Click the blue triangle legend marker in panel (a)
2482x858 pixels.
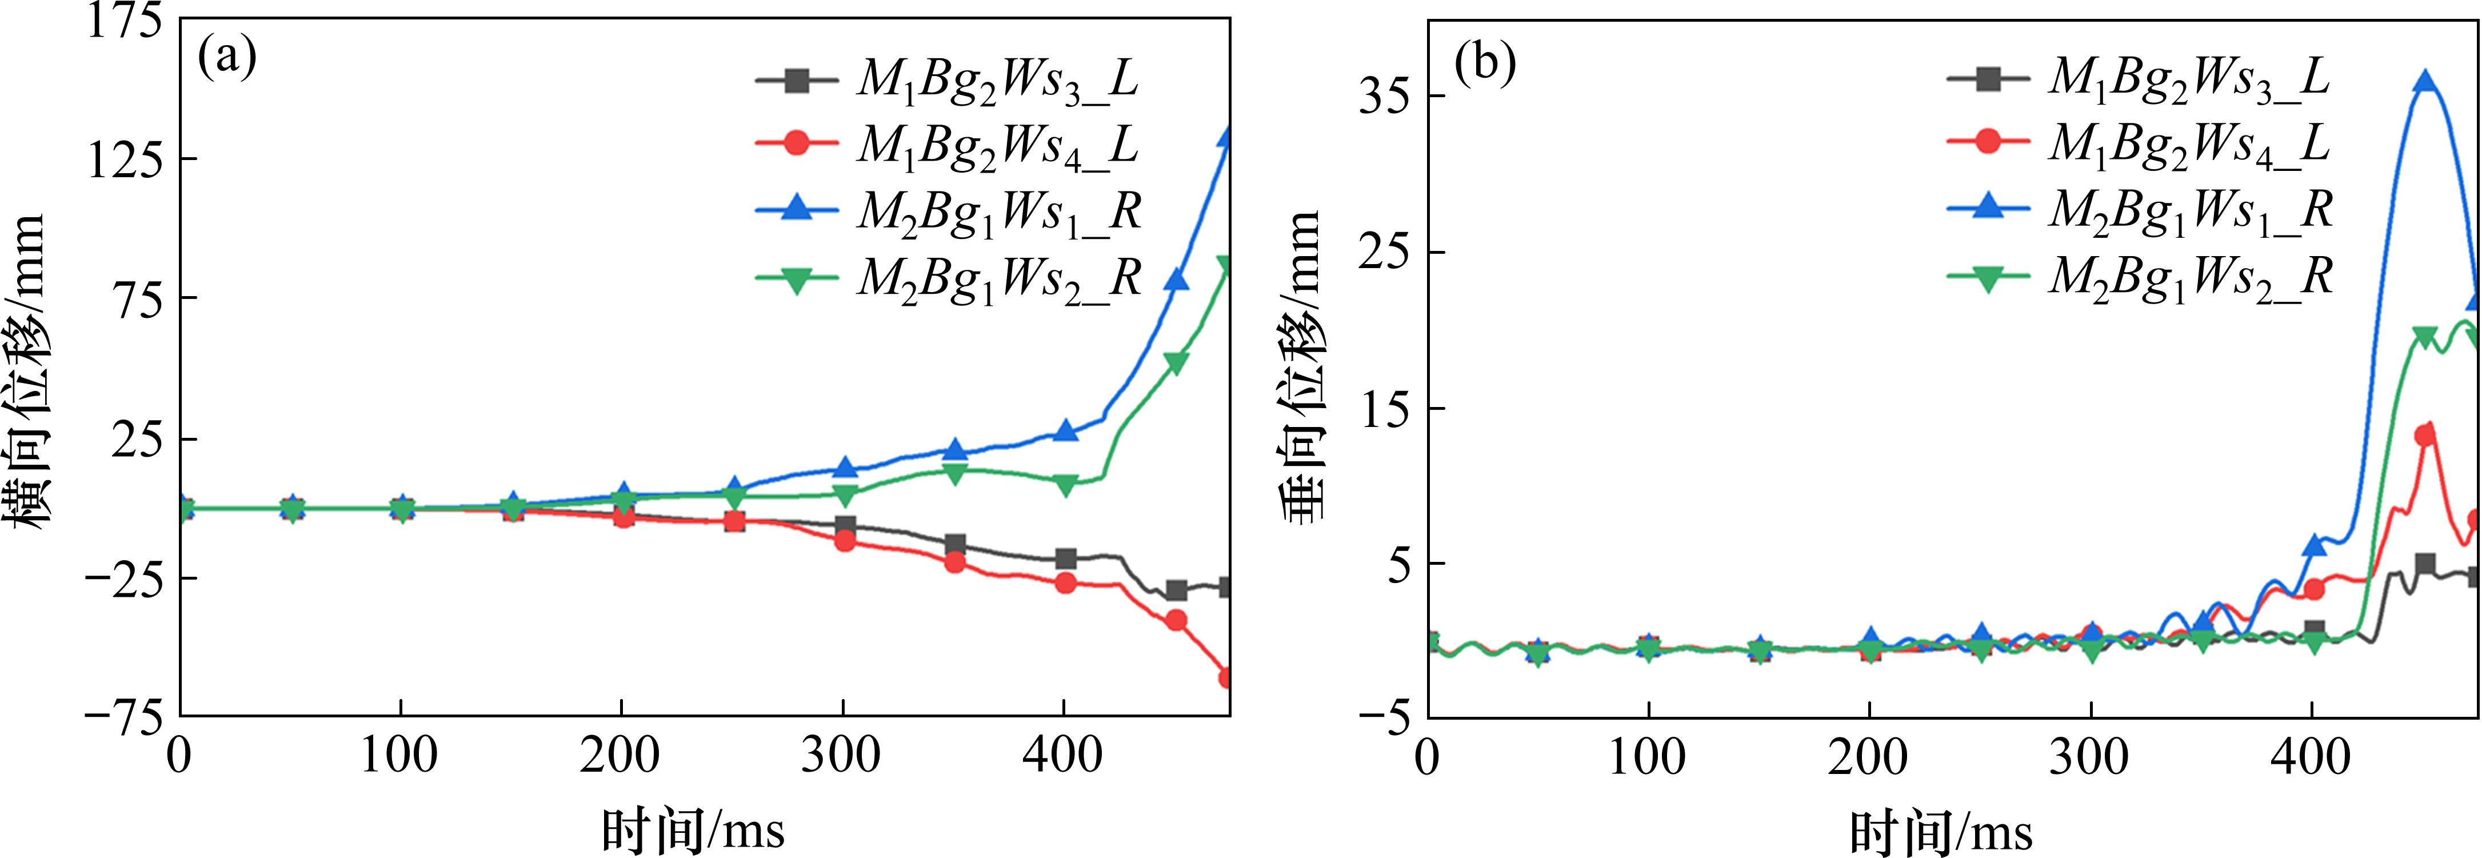(797, 208)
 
